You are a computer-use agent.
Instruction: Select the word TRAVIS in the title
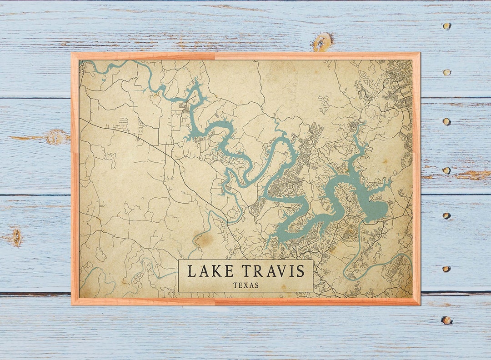pos(272,271)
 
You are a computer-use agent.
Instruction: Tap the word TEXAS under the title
pos(245,285)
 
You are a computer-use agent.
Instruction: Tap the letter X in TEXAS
pos(245,285)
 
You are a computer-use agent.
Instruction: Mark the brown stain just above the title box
pos(203,240)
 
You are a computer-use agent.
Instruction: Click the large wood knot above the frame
pos(322,42)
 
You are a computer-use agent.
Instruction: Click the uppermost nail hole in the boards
pos(447,26)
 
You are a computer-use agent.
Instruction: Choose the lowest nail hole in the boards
pos(446,320)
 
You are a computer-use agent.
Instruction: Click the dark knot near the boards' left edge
pos(17,237)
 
